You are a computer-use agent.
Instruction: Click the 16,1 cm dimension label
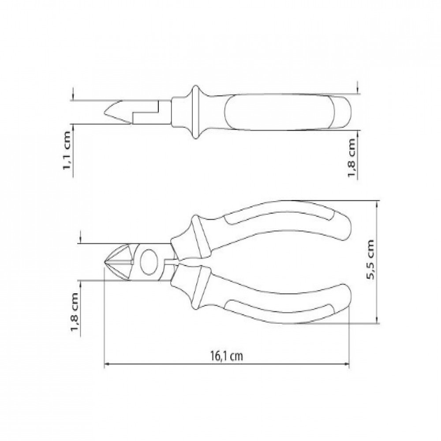[x=226, y=356]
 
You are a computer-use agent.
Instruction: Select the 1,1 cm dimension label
[x=67, y=150]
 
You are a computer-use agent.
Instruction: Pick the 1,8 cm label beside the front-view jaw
[x=75, y=313]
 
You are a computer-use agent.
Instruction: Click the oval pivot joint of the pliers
[x=149, y=262]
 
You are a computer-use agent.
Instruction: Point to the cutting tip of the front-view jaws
[x=105, y=262]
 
